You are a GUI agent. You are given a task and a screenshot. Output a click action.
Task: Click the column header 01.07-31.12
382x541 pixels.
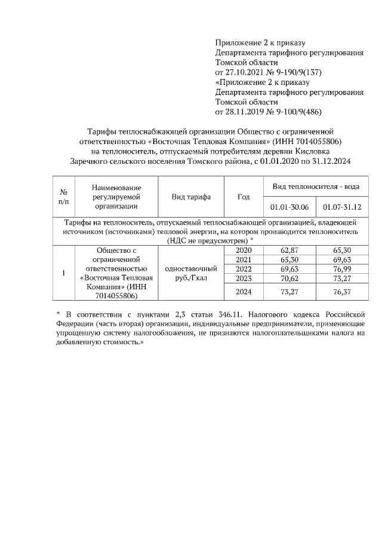342,207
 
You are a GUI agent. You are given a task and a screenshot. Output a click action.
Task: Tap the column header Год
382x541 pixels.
244,197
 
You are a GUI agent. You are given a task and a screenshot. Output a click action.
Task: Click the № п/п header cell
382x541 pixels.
63,197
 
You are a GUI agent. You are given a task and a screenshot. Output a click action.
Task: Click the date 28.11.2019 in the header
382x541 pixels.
244,112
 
